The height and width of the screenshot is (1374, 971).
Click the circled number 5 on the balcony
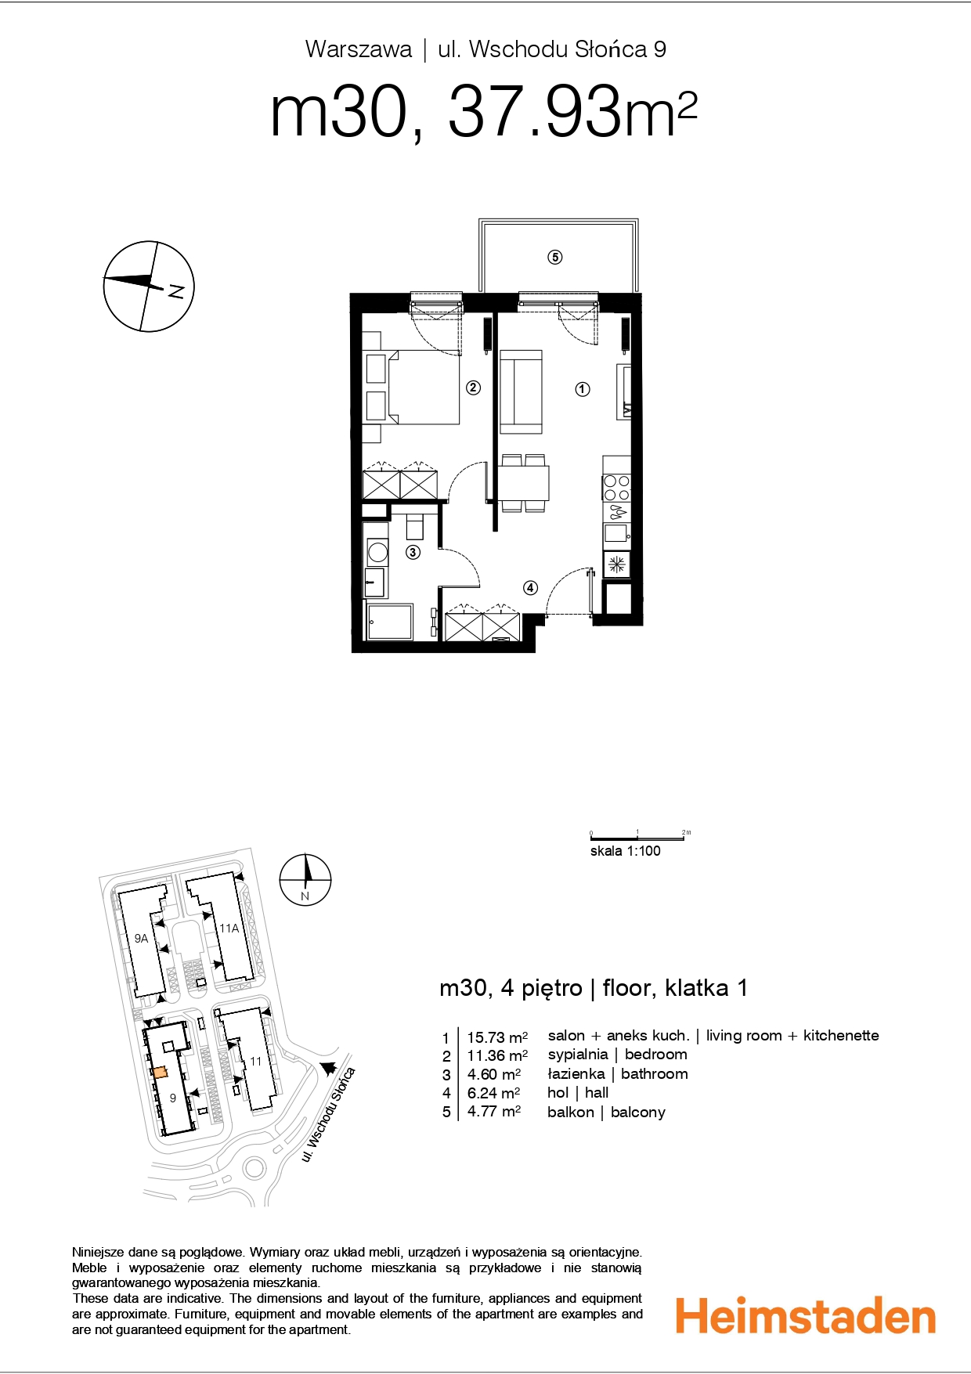click(555, 257)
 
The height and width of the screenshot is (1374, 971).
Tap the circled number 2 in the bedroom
click(473, 387)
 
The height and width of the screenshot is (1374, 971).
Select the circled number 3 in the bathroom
click(413, 552)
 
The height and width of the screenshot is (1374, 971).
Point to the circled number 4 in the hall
click(530, 587)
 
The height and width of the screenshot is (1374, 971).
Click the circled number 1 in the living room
click(583, 388)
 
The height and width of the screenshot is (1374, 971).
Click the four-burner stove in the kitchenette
click(616, 488)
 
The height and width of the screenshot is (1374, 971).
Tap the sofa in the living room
click(521, 391)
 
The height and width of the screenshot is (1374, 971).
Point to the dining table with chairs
click(524, 483)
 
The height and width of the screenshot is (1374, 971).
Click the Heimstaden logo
click(806, 1315)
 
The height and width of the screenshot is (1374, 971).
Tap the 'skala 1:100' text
click(625, 851)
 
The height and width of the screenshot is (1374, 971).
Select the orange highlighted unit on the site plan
click(159, 1073)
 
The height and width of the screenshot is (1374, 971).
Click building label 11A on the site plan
click(229, 929)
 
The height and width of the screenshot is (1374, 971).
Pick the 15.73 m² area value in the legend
click(497, 1037)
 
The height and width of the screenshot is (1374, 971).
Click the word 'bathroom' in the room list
click(655, 1073)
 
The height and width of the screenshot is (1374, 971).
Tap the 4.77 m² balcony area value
click(494, 1112)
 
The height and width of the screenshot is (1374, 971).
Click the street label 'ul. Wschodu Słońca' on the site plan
click(329, 1115)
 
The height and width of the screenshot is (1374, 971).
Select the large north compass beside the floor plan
click(149, 287)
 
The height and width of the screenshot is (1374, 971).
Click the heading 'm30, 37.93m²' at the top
click(483, 114)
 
